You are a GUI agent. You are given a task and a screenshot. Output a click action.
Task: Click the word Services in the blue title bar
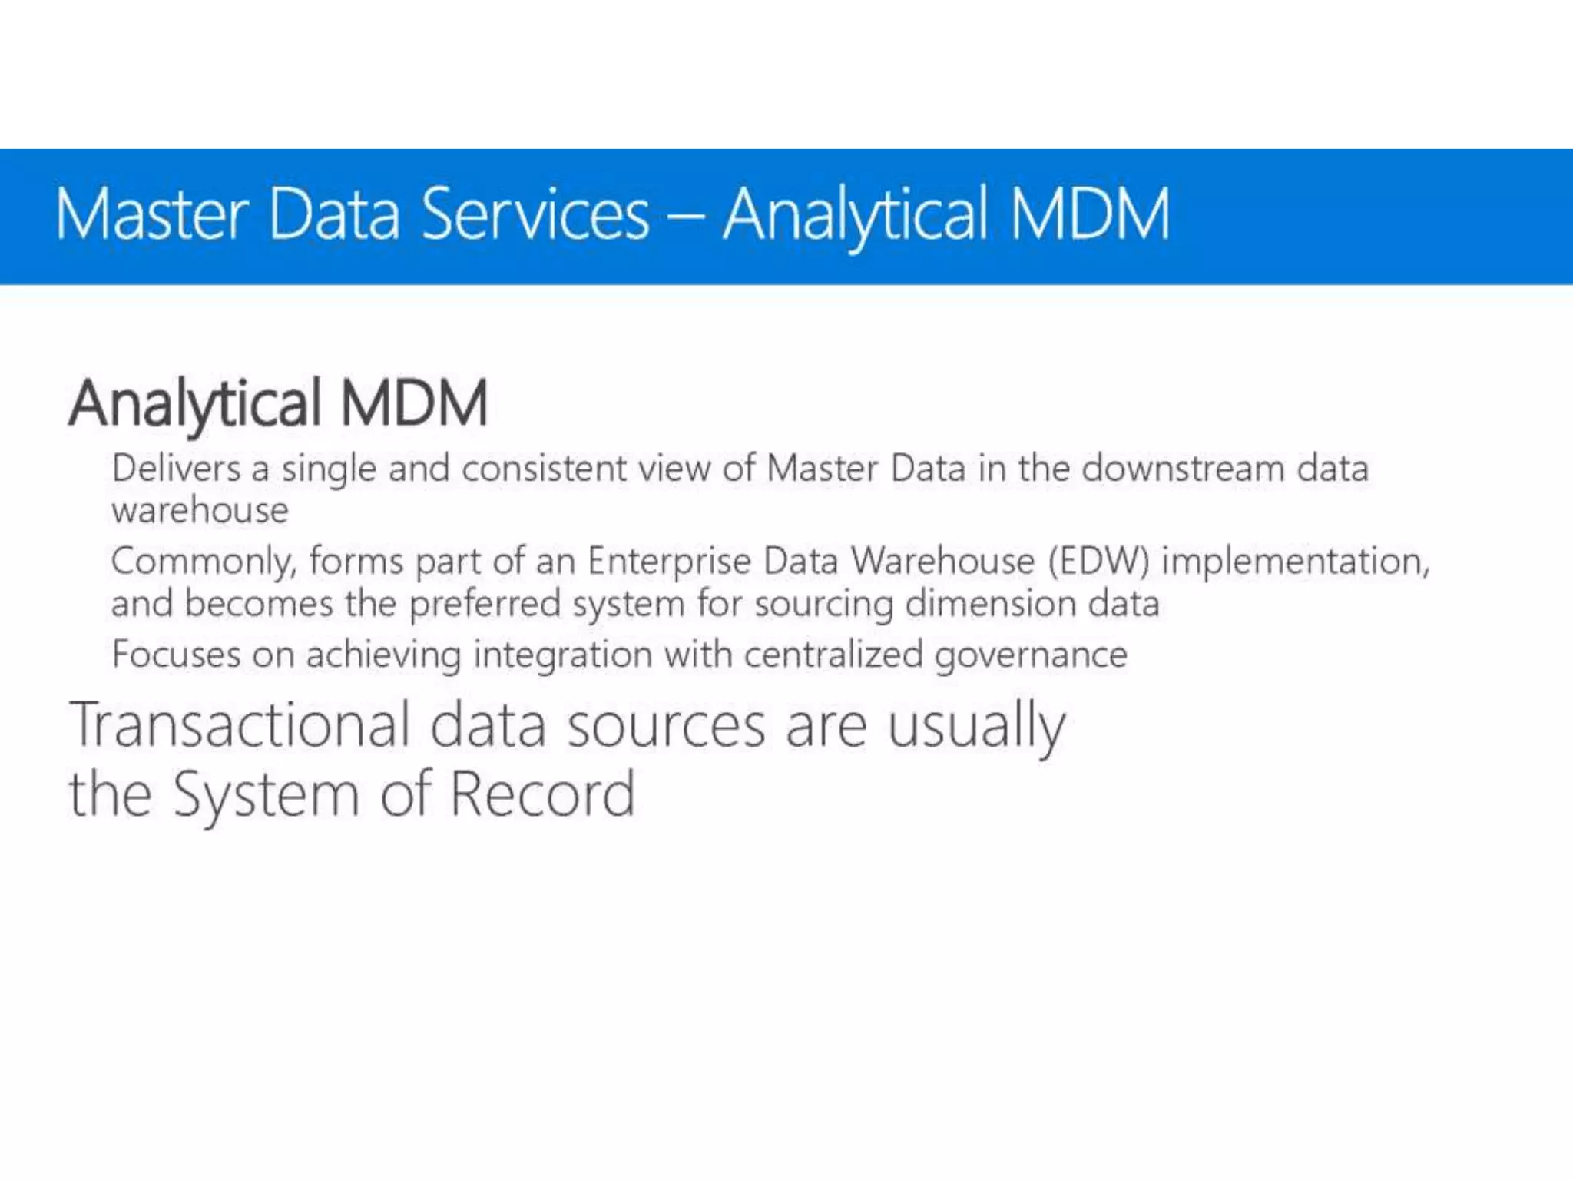click(535, 214)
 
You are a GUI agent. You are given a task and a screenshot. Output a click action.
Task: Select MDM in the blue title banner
click(1090, 214)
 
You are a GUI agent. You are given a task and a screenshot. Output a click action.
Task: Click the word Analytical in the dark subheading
click(195, 403)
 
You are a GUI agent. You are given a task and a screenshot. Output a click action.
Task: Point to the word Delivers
click(176, 468)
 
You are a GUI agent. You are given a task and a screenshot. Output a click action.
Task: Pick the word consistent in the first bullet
click(544, 468)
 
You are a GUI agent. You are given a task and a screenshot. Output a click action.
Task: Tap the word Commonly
click(204, 562)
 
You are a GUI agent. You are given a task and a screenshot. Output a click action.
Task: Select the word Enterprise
click(669, 561)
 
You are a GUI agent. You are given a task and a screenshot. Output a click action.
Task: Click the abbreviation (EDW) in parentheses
click(1099, 561)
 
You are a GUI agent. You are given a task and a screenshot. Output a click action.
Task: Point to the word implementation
click(1295, 561)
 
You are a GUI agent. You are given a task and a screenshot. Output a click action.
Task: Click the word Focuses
click(176, 655)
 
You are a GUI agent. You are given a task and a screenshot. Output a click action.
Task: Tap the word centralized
click(833, 655)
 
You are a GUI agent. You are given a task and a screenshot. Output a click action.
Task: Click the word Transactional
click(240, 725)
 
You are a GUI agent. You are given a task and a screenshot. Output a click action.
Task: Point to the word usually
click(976, 727)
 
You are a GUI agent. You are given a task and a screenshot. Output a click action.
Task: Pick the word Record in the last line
click(542, 794)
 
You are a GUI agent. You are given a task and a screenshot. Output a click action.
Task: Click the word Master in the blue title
click(152, 214)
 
